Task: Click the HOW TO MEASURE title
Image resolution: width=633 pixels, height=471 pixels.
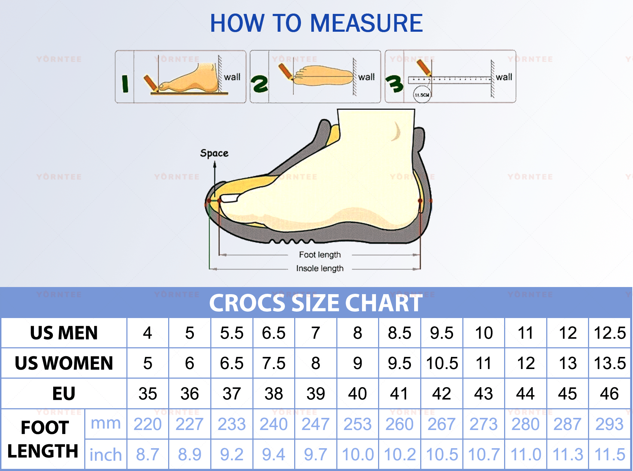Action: click(316, 24)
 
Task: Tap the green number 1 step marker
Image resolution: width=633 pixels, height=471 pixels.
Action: click(125, 84)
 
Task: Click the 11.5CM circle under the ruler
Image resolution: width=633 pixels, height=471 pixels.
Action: click(422, 95)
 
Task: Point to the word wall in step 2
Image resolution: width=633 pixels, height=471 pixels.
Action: click(366, 77)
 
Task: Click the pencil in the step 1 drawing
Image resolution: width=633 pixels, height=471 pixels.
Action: click(151, 82)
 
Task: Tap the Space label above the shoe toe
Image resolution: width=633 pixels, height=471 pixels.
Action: click(214, 153)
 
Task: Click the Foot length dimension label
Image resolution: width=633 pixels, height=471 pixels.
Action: click(320, 255)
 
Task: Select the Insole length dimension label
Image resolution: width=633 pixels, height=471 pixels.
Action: click(320, 268)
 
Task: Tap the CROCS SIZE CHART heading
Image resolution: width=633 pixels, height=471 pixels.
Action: click(316, 303)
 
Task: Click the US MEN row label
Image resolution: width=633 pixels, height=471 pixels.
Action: click(64, 333)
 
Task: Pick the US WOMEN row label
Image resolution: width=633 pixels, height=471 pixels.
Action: click(64, 363)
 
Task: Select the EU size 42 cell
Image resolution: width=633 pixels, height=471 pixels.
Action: click(442, 394)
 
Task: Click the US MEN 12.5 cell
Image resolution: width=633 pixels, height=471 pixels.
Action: click(609, 333)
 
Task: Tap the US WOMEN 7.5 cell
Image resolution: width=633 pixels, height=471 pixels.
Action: click(274, 363)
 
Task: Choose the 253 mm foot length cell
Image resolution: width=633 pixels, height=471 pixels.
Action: click(358, 424)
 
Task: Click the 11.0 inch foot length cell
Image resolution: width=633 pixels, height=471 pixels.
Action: click(526, 455)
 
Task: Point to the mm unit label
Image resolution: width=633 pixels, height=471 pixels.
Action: click(106, 424)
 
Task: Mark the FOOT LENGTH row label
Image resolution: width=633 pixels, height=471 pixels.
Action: click(43, 439)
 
